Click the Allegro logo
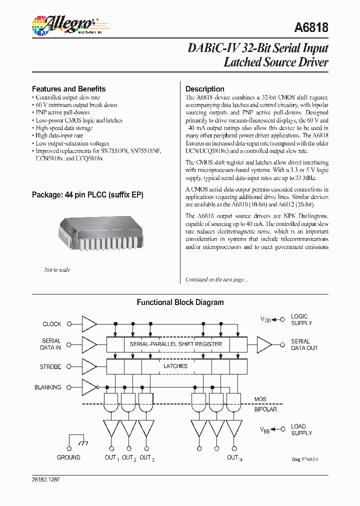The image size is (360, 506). (x=63, y=24)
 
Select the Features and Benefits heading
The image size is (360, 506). (x=68, y=89)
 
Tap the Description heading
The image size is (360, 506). (x=205, y=89)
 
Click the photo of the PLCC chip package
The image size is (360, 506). (x=100, y=235)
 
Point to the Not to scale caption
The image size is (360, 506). (x=57, y=270)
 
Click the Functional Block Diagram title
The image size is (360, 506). (x=180, y=302)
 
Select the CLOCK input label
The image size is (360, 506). (x=52, y=324)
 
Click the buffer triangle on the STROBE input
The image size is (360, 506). (x=88, y=366)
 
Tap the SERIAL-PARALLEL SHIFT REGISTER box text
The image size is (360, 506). (x=175, y=344)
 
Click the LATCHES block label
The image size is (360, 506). (x=175, y=366)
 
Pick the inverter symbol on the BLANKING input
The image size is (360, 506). (x=89, y=387)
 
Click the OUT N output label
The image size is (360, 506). (x=234, y=457)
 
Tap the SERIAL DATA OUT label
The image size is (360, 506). (x=304, y=344)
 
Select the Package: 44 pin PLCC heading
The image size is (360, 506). (x=87, y=194)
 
